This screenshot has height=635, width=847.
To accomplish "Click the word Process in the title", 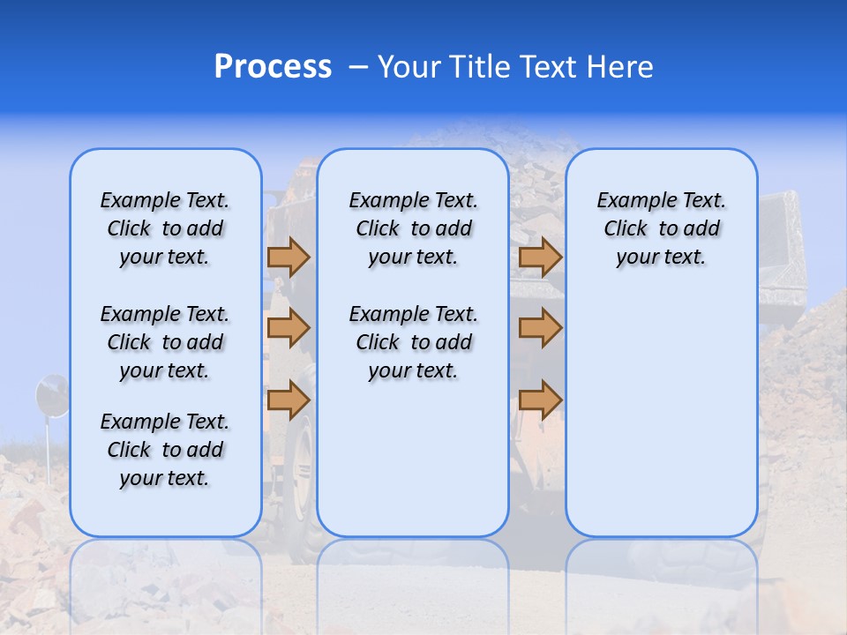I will (x=273, y=67).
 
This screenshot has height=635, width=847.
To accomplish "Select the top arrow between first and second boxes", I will (x=289, y=257).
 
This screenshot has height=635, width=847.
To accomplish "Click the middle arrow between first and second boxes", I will (x=289, y=328).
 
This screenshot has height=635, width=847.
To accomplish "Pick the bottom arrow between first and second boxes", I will (x=289, y=400).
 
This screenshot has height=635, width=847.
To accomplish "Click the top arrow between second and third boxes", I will (x=540, y=257).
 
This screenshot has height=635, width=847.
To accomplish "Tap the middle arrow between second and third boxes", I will (x=540, y=328).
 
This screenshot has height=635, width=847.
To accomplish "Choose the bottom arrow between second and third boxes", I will (x=540, y=400).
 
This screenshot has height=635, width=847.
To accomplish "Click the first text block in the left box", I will (x=165, y=228).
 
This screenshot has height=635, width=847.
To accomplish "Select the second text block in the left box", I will (x=165, y=342).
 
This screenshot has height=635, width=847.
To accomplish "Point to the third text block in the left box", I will (x=165, y=450).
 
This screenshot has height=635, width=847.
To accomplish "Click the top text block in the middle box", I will (x=413, y=228).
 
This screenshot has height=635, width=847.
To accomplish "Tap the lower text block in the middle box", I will (x=413, y=342).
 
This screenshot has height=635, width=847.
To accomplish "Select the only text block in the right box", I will (x=661, y=228).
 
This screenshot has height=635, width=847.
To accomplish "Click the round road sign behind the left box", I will (x=51, y=396).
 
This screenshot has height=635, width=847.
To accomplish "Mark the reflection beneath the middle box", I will (x=413, y=573).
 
